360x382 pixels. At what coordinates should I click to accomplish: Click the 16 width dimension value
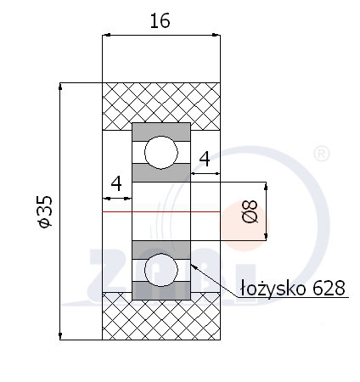[x=160, y=20]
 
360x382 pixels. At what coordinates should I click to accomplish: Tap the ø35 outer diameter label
[x=45, y=211]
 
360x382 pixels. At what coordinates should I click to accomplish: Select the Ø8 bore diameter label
[x=250, y=211]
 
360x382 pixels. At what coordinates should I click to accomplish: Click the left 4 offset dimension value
[x=116, y=183]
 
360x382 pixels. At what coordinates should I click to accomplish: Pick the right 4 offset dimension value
[x=205, y=159]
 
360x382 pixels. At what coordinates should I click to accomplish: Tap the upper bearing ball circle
[x=161, y=152]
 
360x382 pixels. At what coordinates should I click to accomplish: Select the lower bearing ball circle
[x=161, y=270]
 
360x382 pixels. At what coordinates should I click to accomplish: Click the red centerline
[x=161, y=211]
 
